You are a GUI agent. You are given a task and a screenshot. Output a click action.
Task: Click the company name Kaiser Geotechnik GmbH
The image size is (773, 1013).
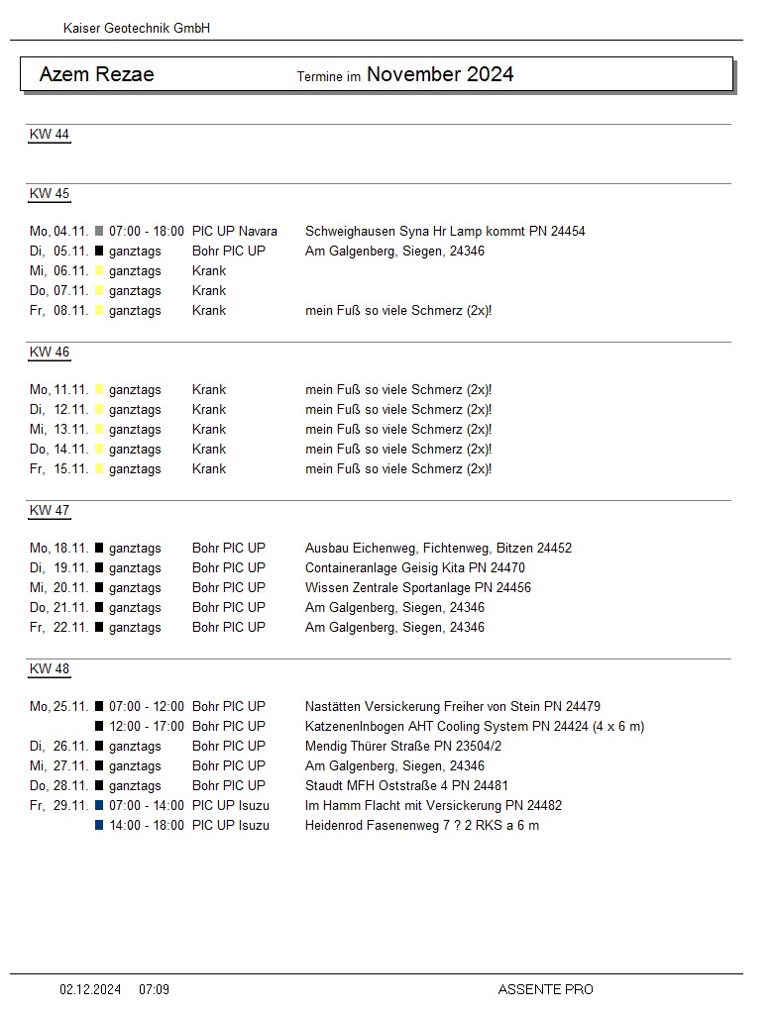(x=137, y=29)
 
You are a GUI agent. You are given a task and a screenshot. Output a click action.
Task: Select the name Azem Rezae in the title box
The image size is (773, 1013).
(x=97, y=74)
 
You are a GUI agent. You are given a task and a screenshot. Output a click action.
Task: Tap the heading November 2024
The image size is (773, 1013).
(x=440, y=74)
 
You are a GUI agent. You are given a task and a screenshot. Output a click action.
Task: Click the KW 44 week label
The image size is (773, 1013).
(x=50, y=135)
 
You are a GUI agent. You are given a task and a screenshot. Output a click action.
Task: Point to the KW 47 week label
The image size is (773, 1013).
(x=50, y=511)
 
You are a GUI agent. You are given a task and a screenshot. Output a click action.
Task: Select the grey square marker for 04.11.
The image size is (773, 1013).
(x=99, y=232)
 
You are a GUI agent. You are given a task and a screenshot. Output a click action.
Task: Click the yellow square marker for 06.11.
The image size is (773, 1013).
(x=99, y=271)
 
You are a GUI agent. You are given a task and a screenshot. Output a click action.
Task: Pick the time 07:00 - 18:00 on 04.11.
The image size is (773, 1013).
(x=147, y=232)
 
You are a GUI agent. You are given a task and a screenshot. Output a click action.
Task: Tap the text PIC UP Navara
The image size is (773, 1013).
(x=235, y=232)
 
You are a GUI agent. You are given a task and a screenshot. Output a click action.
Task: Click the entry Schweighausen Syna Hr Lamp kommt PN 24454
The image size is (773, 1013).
(x=445, y=232)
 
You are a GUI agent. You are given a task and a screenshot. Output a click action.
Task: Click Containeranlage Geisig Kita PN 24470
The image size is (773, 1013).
(x=415, y=568)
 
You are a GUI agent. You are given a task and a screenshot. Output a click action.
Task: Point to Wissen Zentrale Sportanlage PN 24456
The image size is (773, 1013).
(x=418, y=588)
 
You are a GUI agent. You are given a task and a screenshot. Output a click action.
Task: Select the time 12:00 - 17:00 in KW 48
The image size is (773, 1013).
(x=147, y=727)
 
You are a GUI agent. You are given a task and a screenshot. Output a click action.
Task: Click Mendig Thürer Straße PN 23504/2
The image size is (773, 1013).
(x=403, y=747)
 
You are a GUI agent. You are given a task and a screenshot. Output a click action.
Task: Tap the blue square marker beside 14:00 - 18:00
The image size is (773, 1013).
(x=99, y=826)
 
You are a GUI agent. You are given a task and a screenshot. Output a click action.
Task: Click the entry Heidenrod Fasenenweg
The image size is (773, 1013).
(x=422, y=826)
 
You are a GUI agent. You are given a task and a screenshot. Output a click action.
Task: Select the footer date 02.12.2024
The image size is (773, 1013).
(x=90, y=989)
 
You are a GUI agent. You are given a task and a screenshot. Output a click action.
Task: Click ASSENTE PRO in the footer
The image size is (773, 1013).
(x=545, y=989)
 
